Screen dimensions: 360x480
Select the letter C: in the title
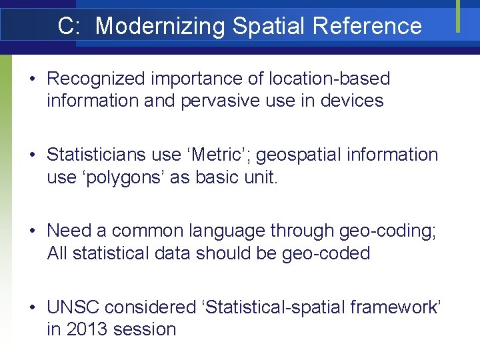pyautogui.click(x=70, y=26)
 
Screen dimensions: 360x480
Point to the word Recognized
pyautogui.click(x=95, y=79)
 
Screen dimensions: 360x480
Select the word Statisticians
pyautogui.click(x=98, y=155)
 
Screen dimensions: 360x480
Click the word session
pyautogui.click(x=145, y=329)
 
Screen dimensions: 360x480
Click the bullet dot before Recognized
pyautogui.click(x=32, y=79)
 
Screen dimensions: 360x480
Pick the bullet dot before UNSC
pyautogui.click(x=32, y=308)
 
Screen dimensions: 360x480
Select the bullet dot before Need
pyautogui.click(x=32, y=231)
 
